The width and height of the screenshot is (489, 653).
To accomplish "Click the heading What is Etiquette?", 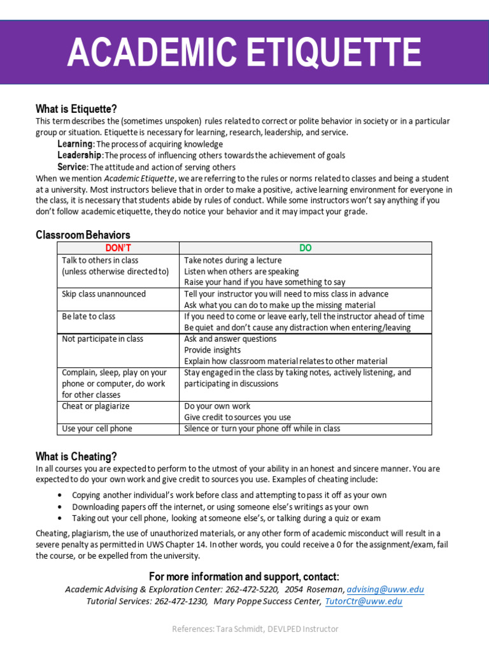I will (x=76, y=109).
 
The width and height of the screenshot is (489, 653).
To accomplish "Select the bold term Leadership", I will (x=80, y=155).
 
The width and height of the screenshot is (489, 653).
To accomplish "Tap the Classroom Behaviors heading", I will (x=83, y=235).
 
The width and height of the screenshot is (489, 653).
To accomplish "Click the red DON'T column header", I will (x=118, y=248).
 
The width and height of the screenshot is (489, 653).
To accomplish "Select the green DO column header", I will (x=306, y=248).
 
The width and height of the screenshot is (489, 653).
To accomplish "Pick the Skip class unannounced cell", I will (x=104, y=294).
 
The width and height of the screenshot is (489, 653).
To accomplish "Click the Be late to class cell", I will (x=89, y=316).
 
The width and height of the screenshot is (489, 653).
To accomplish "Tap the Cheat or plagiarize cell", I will (x=96, y=406).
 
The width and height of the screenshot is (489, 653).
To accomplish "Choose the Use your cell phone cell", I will (x=97, y=429).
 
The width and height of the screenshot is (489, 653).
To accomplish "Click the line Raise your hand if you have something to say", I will (x=265, y=282).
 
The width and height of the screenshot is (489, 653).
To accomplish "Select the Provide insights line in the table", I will (x=213, y=350).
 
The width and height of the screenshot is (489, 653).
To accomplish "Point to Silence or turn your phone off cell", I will (x=262, y=429).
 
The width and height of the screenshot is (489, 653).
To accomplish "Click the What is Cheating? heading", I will (x=76, y=456).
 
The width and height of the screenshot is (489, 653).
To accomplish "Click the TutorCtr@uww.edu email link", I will (x=364, y=601).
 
